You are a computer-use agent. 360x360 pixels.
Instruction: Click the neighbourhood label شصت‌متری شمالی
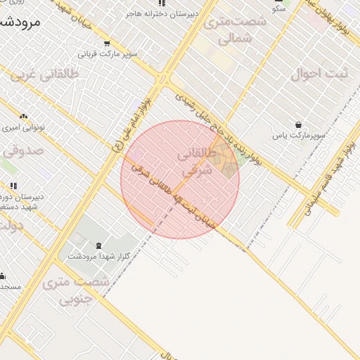(234, 30)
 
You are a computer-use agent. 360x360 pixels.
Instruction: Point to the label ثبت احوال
(316, 73)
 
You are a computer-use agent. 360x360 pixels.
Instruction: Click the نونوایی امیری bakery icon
(24, 117)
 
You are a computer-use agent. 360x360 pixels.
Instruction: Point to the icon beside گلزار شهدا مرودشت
(98, 246)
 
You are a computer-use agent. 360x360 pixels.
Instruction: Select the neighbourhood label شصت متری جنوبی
(75, 290)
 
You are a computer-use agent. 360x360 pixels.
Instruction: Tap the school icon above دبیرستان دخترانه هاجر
(162, 4)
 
